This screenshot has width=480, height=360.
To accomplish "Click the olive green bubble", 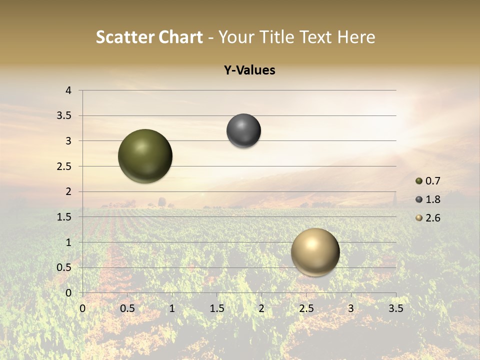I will (x=145, y=156).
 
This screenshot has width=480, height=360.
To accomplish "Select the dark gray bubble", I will (x=243, y=131).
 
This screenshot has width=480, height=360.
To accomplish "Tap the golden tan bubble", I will (x=315, y=252).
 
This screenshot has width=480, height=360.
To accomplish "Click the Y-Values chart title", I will (x=249, y=70).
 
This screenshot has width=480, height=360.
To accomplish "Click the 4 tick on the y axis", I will (x=69, y=90).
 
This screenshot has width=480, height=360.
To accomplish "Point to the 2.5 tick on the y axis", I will (x=64, y=166).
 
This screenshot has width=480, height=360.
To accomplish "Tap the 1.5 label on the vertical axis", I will (x=64, y=217).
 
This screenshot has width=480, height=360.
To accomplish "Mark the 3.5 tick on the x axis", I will (x=395, y=308).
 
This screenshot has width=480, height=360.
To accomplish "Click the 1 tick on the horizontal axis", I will (x=172, y=308).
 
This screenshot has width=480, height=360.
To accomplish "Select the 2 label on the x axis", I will (x=261, y=308).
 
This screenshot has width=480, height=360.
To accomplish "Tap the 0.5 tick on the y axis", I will (x=64, y=267).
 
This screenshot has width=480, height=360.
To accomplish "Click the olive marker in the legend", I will (x=419, y=181).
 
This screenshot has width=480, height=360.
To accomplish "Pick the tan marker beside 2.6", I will (x=419, y=218).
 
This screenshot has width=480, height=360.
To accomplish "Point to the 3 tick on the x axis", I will (x=351, y=308).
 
